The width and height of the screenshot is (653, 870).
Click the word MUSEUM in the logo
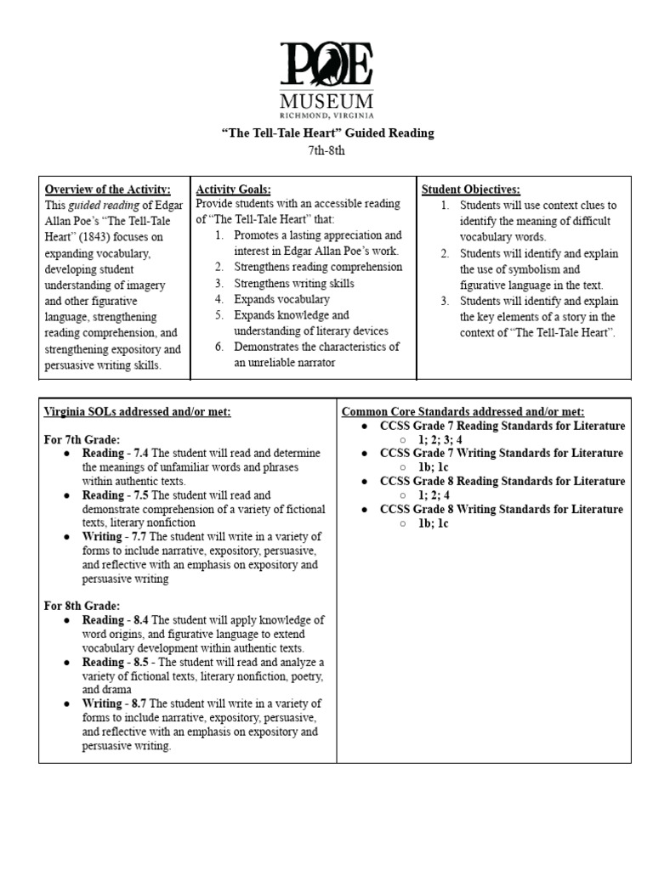pos(327,99)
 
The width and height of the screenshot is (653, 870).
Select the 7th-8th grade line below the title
pos(327,151)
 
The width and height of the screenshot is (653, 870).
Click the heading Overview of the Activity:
pos(107,189)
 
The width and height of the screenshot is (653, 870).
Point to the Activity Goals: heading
pos(234,189)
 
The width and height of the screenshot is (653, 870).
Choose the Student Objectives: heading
pos(471,189)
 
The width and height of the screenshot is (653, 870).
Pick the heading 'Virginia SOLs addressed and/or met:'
pos(138,412)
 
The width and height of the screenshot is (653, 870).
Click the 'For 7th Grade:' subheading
pos(82,439)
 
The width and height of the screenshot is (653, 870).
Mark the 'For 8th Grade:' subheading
pos(82,606)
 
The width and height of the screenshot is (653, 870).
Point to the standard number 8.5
pos(139,662)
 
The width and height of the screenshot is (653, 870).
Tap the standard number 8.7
pos(135,703)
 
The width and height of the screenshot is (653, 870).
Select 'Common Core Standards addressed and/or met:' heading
pos(463,412)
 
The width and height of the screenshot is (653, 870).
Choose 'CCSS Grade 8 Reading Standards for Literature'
pos(502,481)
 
